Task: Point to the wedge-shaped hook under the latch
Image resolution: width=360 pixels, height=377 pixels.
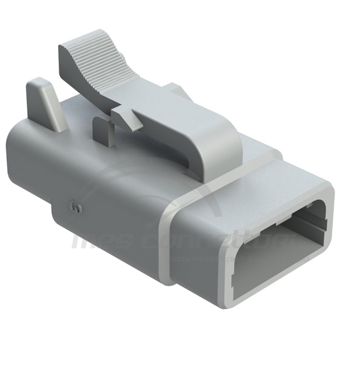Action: coord(127,117)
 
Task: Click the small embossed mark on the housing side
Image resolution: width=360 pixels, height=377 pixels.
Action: coord(77,208)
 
